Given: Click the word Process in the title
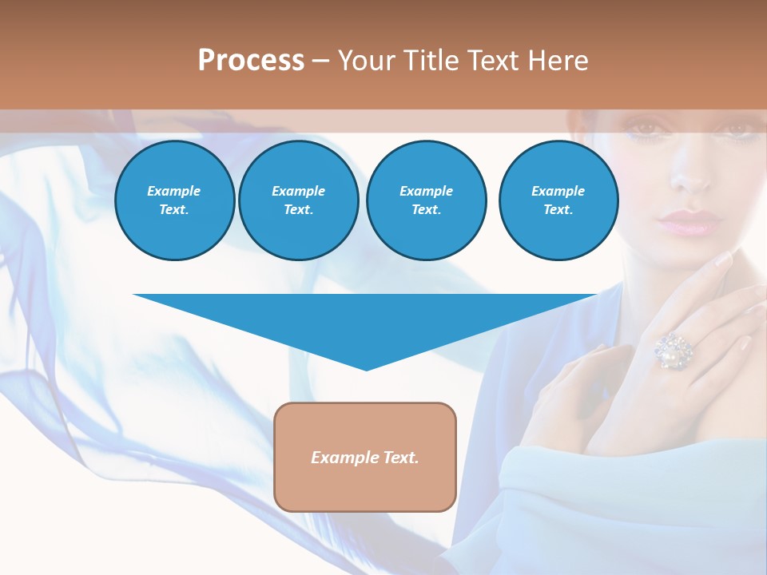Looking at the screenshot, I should click(251, 61).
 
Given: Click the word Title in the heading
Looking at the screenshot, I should click(428, 61).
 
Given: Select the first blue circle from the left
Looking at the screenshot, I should click(175, 200).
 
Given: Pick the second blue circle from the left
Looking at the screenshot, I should click(299, 200).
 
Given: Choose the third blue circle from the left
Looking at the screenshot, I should click(426, 200).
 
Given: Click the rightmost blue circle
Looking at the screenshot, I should click(558, 200).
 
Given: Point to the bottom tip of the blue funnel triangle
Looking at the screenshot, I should click(366, 369).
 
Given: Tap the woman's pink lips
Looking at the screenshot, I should click(688, 222).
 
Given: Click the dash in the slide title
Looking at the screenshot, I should click(320, 61).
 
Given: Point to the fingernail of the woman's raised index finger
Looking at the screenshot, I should click(723, 259).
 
